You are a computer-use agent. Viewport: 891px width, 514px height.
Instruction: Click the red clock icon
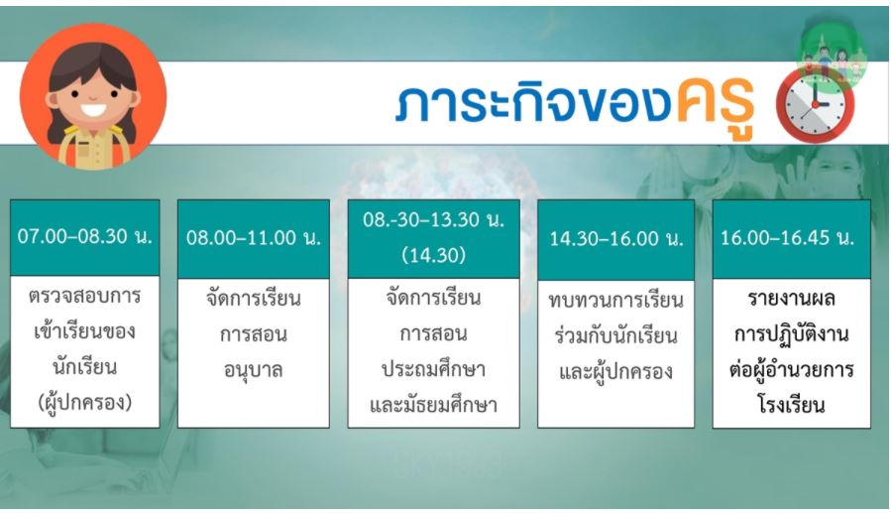(x=815, y=106)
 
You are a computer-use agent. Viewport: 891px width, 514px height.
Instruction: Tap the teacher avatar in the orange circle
(x=93, y=97)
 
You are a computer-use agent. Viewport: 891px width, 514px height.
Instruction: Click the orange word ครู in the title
(x=716, y=102)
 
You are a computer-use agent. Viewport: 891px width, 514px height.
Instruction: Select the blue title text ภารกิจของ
(x=533, y=102)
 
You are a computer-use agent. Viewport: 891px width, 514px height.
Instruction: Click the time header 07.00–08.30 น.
(x=84, y=235)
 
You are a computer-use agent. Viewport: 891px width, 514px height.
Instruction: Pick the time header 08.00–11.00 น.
(x=254, y=237)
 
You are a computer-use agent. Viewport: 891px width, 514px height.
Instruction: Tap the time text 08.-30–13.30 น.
(x=433, y=219)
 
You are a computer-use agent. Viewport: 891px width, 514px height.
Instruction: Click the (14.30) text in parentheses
(x=433, y=255)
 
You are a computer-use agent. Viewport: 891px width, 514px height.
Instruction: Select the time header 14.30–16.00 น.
(x=616, y=238)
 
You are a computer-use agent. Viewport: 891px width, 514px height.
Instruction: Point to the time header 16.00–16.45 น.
(x=788, y=237)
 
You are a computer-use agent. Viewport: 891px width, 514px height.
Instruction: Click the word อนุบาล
(x=254, y=370)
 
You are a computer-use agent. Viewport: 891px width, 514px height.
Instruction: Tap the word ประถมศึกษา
(x=433, y=369)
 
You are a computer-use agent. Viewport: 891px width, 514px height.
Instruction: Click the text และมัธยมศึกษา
(x=433, y=404)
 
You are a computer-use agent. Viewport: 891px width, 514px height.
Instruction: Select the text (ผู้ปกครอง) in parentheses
(x=84, y=403)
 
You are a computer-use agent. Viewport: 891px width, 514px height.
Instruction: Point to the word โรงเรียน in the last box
(x=792, y=404)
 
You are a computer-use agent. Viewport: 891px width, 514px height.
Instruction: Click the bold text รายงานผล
(x=792, y=299)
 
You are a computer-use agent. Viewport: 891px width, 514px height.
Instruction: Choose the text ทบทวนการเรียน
(x=616, y=301)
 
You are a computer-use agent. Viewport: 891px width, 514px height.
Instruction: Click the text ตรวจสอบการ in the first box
(x=84, y=297)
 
